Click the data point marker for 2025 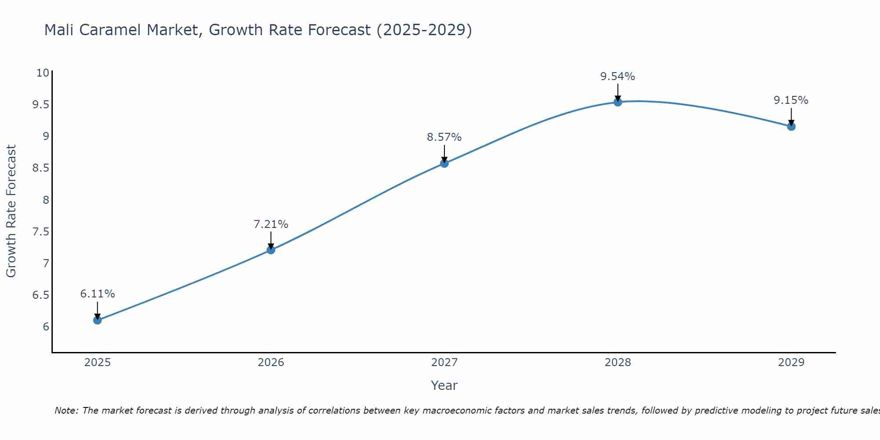(97, 320)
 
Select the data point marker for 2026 (271, 250)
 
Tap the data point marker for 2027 (444, 163)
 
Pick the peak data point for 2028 (618, 102)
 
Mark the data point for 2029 (791, 127)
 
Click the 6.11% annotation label (97, 294)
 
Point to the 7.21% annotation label (271, 224)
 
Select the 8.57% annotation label (444, 137)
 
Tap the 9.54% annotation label (618, 77)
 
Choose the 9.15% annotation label (791, 100)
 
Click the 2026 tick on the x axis (271, 363)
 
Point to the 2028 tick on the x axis (618, 363)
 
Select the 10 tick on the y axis (42, 73)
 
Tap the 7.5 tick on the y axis (40, 231)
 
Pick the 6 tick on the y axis (46, 326)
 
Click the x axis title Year (444, 385)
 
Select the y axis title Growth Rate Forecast (11, 211)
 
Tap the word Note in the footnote (66, 411)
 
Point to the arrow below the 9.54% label (618, 92)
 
